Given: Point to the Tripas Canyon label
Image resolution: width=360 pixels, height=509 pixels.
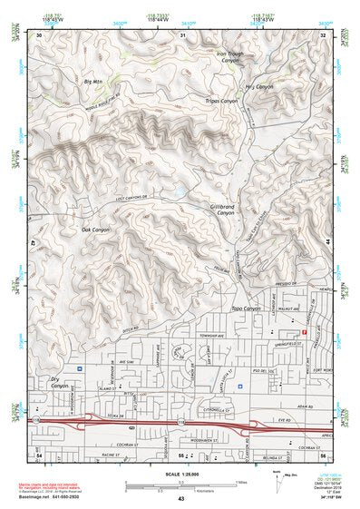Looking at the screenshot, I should click(221, 101).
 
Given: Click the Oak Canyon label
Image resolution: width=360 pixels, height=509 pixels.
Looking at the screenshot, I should click(94, 230).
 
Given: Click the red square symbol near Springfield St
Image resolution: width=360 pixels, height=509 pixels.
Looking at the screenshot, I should click(305, 332).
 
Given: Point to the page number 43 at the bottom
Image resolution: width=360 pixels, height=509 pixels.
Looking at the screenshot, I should click(180, 499).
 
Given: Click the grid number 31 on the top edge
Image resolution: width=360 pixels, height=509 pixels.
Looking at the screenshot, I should click(182, 34).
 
